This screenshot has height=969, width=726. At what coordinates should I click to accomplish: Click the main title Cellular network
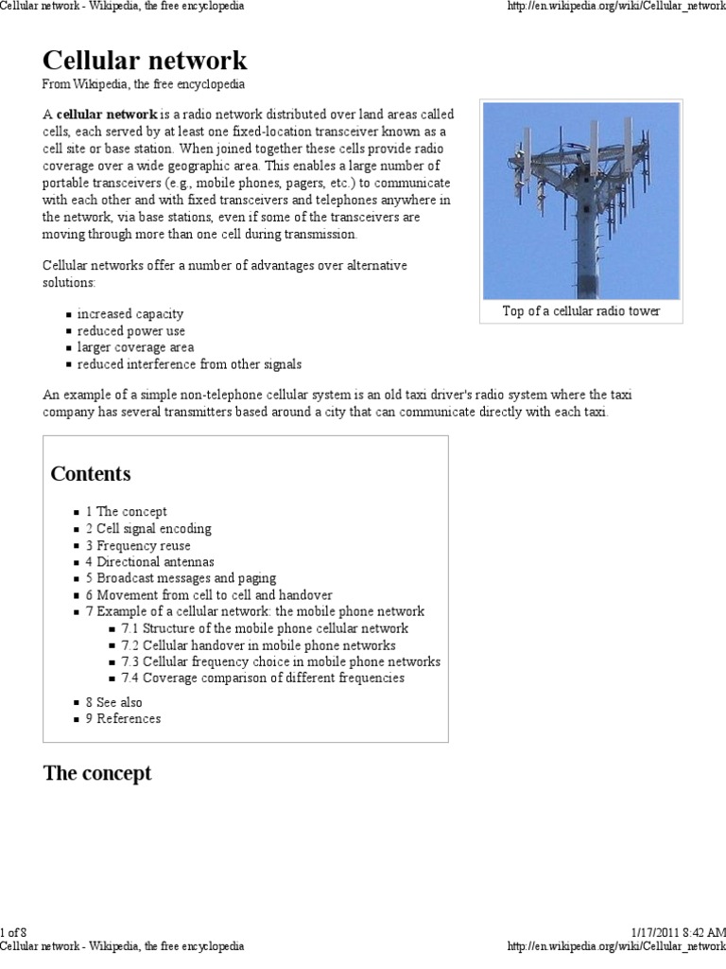point(145,61)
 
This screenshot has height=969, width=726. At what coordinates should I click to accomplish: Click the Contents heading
point(91,474)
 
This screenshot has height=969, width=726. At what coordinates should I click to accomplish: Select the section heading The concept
point(97,773)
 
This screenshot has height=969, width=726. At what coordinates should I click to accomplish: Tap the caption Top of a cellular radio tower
point(580,311)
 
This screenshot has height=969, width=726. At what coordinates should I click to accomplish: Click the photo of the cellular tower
point(580,201)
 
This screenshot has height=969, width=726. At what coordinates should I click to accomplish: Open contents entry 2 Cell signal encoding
point(148,529)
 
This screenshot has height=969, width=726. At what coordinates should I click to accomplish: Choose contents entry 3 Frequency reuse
point(138,546)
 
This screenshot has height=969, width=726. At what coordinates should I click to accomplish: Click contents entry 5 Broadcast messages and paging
point(181,578)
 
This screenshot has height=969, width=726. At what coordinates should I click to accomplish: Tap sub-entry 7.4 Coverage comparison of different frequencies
point(262,678)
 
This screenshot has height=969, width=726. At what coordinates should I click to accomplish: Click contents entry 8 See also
point(113,702)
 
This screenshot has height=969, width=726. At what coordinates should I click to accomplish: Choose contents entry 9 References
point(123,718)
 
